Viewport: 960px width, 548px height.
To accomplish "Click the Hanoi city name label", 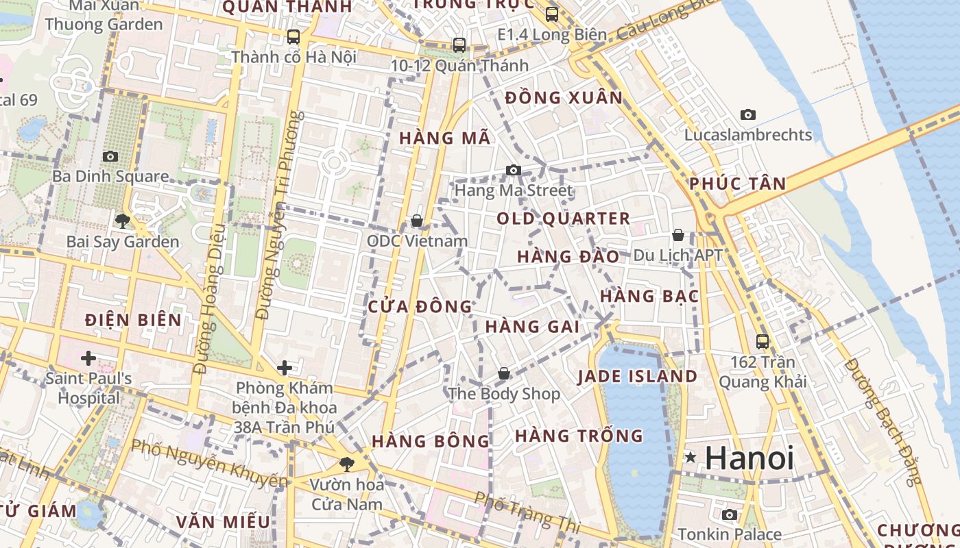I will pos(749,458).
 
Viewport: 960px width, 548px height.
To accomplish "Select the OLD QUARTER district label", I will pos(563,219).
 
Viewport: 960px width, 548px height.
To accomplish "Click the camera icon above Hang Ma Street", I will pos(514,170).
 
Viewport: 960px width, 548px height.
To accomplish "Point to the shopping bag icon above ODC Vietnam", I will pos(416,221).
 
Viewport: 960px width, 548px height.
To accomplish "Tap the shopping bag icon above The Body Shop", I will pos(504,373).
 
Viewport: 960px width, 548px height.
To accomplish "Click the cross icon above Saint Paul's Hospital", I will pos(88,358).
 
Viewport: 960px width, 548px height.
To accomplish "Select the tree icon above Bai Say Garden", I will pos(123,221).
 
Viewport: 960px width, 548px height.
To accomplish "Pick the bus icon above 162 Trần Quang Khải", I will pos(763,341).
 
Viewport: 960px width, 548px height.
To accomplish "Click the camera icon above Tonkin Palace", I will pos(730,514).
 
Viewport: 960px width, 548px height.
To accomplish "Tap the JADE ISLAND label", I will pos(637,376).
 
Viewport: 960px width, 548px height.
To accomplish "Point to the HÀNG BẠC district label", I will pos(649,296).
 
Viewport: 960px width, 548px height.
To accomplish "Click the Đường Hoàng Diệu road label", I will pos(208,299).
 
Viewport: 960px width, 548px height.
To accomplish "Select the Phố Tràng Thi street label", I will pos(527,512).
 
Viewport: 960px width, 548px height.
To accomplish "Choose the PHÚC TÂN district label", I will pos(737,184).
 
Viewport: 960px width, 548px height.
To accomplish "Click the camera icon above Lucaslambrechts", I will pos(748,114).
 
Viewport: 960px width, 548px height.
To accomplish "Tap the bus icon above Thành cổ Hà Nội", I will pos(293,36).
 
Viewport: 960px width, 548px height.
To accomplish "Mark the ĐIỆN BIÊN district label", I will pos(133,320).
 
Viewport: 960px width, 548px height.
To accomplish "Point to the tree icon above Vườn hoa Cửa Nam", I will pos(347,464).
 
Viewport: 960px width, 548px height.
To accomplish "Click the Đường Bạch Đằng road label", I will pos(884,422).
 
